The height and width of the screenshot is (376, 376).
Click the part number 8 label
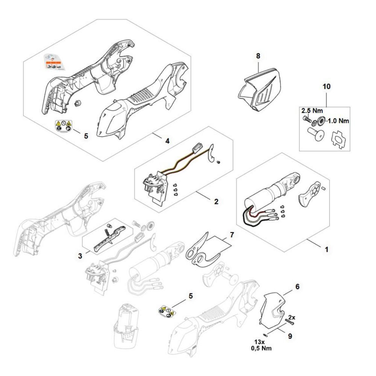pyautogui.click(x=258, y=56)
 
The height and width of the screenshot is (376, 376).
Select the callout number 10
pyautogui.click(x=326, y=86)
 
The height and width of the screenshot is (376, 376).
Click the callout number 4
pyautogui.click(x=167, y=141)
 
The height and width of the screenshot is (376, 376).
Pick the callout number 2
pyautogui.click(x=216, y=201)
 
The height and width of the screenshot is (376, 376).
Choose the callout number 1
pyautogui.click(x=326, y=249)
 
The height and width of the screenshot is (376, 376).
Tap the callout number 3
pyautogui.click(x=80, y=256)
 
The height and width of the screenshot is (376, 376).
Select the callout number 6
pyautogui.click(x=297, y=286)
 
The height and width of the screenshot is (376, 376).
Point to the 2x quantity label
pyautogui.click(x=291, y=317)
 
